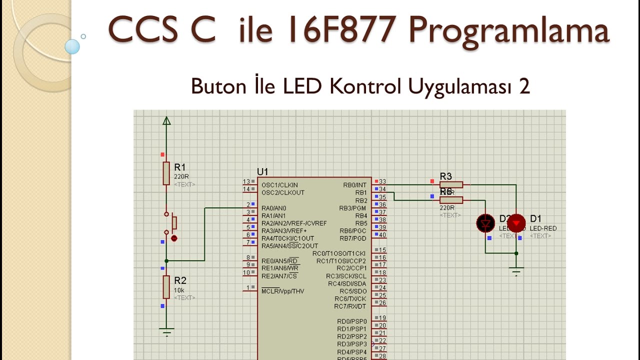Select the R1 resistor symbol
click(166, 173)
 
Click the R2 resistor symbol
click(166, 286)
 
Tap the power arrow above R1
click(166, 120)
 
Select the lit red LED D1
click(516, 223)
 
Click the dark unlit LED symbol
click(485, 223)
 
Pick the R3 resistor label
click(445, 176)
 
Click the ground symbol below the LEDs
click(516, 271)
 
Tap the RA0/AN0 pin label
click(273, 208)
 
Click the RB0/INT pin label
click(354, 185)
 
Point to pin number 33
click(382, 182)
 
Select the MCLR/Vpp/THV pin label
click(282, 291)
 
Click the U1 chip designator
click(262, 172)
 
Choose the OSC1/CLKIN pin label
click(279, 185)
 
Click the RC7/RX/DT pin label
click(350, 306)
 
